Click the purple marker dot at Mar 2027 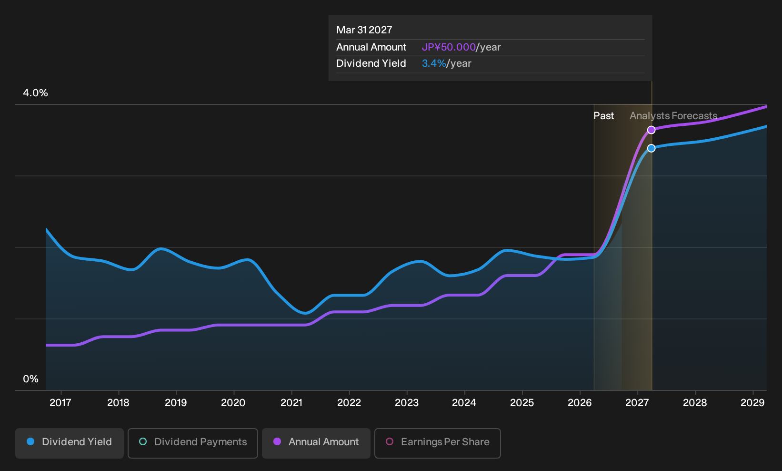coord(651,130)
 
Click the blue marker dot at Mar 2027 coord(651,148)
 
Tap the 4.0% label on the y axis coord(35,93)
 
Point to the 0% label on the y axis coord(31,379)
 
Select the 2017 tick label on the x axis coord(60,403)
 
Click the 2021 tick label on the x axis coord(291,403)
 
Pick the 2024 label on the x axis coord(464,403)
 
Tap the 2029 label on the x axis coord(752,403)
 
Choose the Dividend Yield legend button coord(70,443)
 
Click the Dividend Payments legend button coord(193,443)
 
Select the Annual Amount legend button coord(316,443)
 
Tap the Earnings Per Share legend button coord(437,443)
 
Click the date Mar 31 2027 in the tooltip coord(364,30)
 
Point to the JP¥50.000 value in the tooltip coord(449,47)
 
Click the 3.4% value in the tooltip coord(434,63)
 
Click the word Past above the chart coord(603,116)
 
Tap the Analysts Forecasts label coord(673,116)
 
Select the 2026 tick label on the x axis coord(580,403)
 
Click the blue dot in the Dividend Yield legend coord(31,441)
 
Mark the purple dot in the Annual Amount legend coord(277,441)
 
